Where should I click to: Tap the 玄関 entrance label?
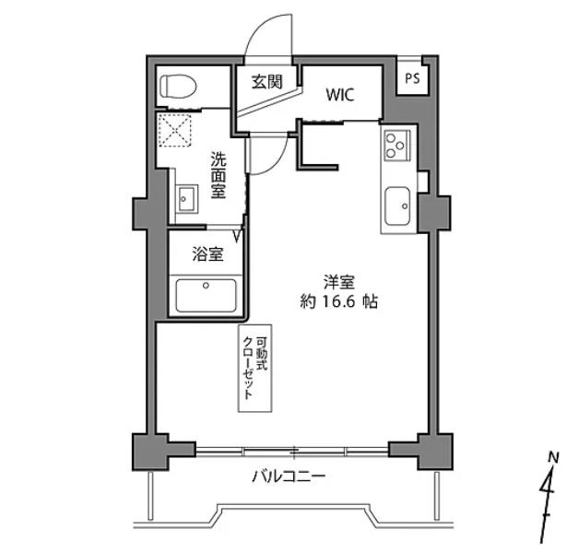(x=266, y=81)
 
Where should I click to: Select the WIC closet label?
(x=338, y=93)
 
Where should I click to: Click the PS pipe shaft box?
(x=411, y=78)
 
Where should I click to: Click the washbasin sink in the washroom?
(x=186, y=197)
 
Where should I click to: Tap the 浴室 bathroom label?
(x=206, y=254)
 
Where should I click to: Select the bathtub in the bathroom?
(x=207, y=296)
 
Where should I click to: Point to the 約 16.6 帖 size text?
(x=338, y=300)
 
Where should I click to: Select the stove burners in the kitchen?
(x=397, y=145)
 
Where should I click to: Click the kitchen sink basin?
(x=399, y=204)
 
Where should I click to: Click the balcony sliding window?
(x=292, y=451)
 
